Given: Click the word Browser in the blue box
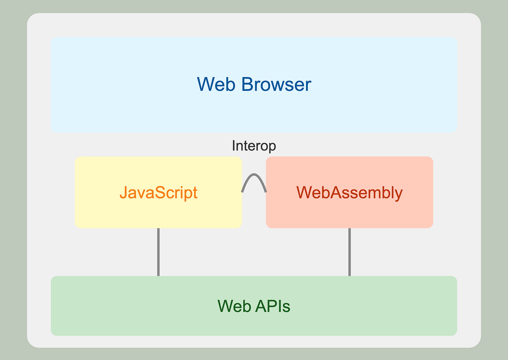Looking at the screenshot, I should (x=276, y=85).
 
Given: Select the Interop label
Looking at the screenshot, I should (x=254, y=146).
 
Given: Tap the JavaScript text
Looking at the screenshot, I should (x=158, y=193).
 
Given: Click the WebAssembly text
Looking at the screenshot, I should (x=349, y=193).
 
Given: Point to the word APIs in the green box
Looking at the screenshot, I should (x=272, y=306).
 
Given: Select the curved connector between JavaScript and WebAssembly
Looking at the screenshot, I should (x=254, y=175).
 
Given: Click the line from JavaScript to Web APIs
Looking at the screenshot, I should (x=158, y=252).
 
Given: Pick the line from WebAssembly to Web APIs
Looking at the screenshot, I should (x=349, y=252).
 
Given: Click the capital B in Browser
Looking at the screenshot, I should (x=247, y=85).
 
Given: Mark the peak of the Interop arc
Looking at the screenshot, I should (x=254, y=174).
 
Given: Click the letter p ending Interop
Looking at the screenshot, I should (x=273, y=147).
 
